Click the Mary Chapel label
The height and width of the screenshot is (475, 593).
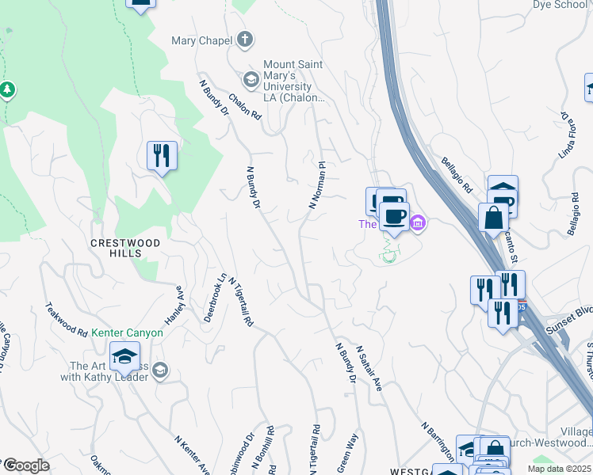202,40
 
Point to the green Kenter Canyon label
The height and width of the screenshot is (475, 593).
127,333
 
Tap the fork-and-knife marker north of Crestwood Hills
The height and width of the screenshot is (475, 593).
162,155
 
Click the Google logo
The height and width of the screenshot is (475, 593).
26,465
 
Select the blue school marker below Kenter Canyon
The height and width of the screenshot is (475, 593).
124,357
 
